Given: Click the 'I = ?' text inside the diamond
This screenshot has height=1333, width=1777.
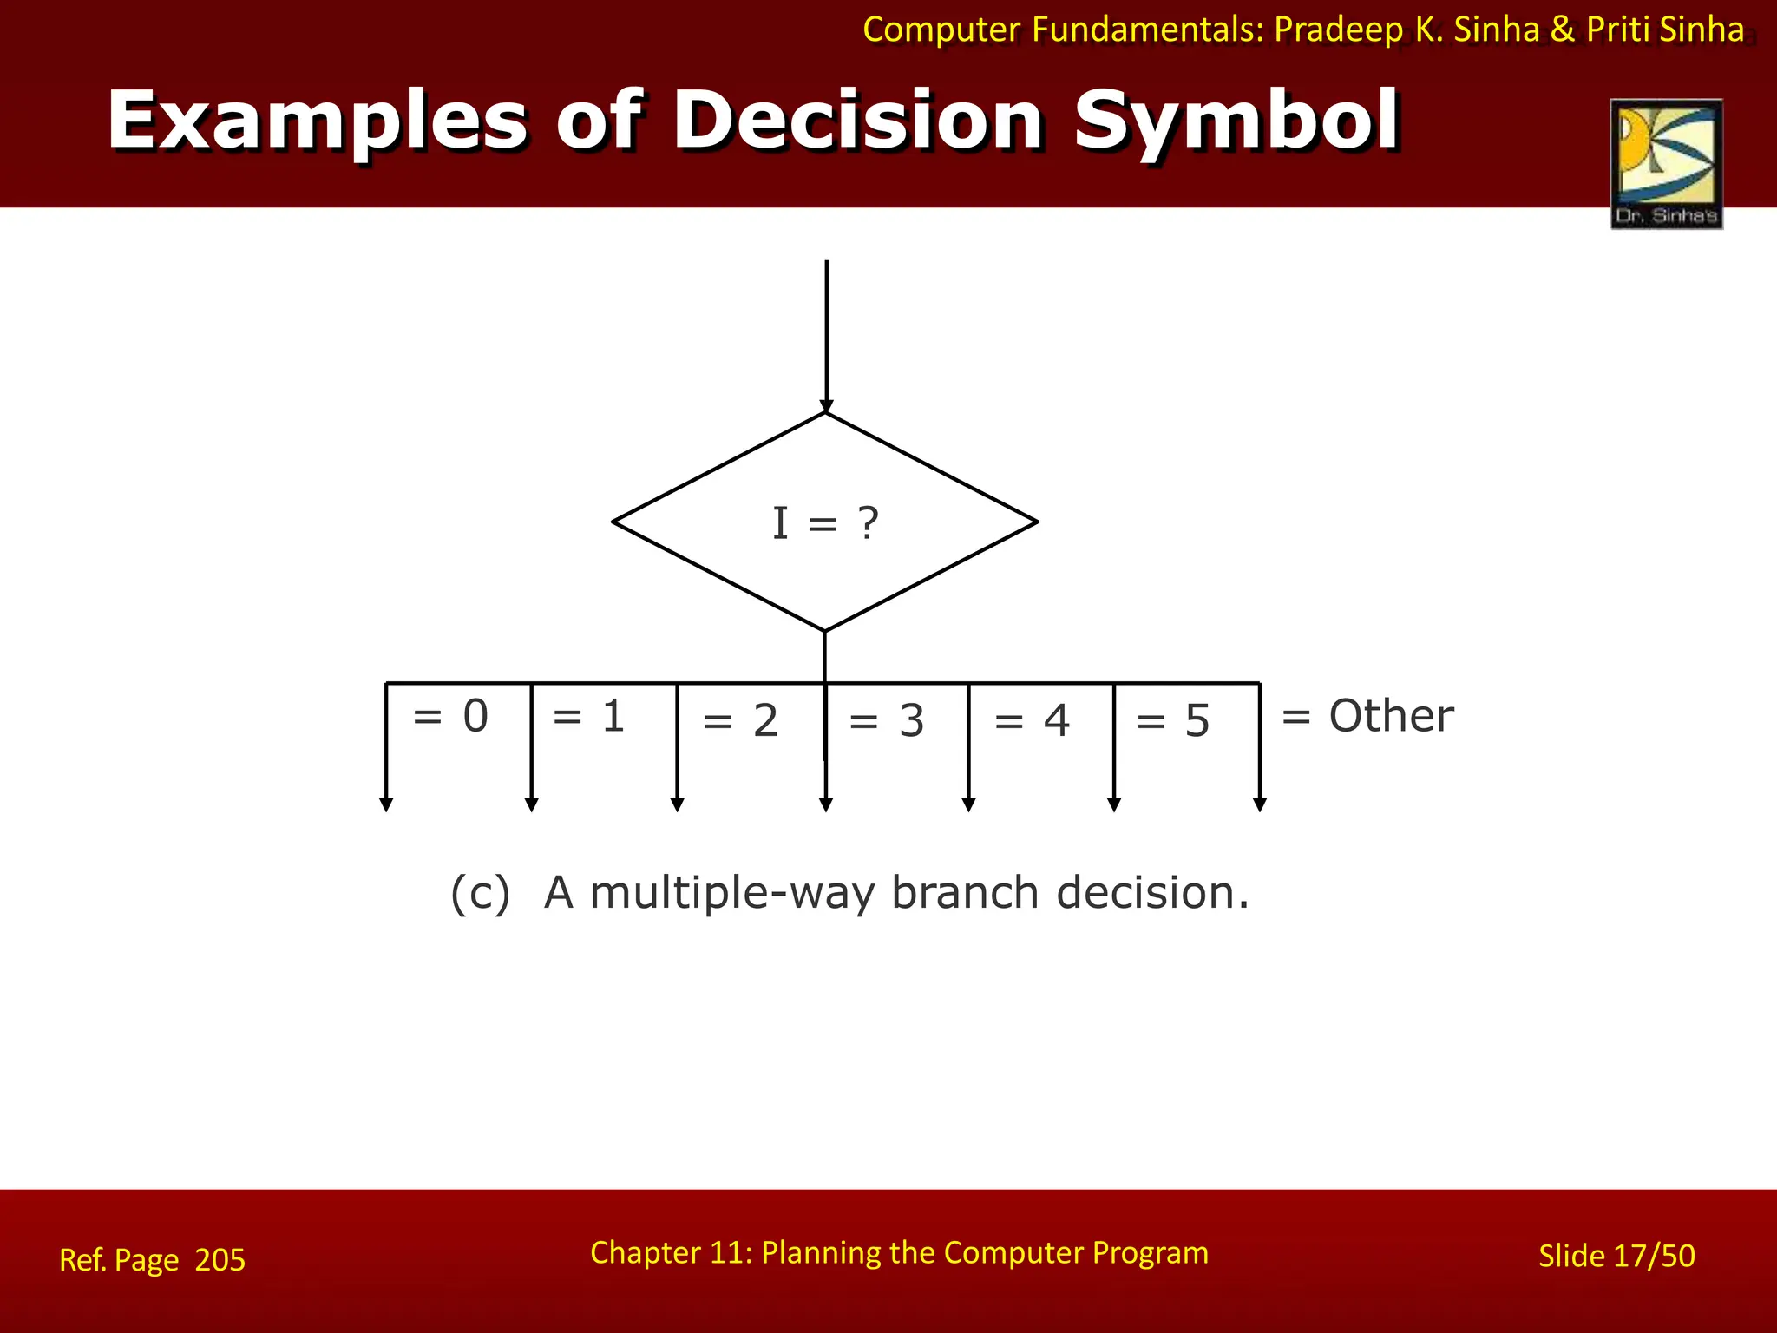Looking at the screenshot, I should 825,523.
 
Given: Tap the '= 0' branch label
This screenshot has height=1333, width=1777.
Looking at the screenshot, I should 450,717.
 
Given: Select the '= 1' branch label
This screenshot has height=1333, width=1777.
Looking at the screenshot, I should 588,717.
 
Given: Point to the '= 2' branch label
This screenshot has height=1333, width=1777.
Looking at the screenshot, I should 740,721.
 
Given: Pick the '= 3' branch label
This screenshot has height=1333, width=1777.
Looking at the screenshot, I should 886,721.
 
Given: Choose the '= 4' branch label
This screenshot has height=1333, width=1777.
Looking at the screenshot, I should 1032,721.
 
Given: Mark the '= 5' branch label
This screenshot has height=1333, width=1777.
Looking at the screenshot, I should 1172,721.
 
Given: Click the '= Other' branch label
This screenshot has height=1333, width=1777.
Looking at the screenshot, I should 1367,717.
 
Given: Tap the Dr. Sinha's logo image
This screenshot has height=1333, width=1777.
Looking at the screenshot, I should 1666,163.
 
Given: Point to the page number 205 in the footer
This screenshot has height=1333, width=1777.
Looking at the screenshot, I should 220,1259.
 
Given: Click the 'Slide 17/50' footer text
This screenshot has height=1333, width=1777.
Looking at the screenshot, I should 1616,1256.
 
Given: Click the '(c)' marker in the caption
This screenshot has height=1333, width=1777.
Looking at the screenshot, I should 480,893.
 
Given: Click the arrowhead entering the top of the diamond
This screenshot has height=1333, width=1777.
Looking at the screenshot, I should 827,406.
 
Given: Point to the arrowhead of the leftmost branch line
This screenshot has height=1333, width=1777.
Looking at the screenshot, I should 386,804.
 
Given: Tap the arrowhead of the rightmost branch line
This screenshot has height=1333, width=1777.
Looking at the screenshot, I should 1260,804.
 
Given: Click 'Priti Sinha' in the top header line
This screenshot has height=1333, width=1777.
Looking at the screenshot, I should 1665,30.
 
